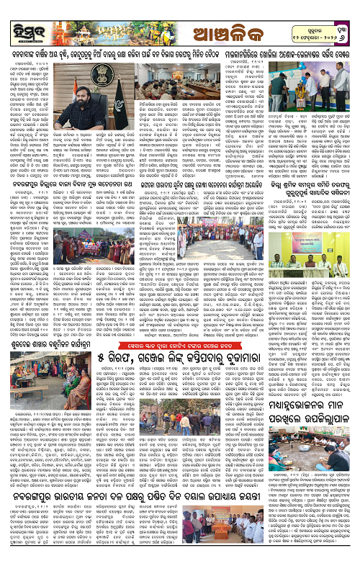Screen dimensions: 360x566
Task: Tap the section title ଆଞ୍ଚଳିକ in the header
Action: pos(180,20)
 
